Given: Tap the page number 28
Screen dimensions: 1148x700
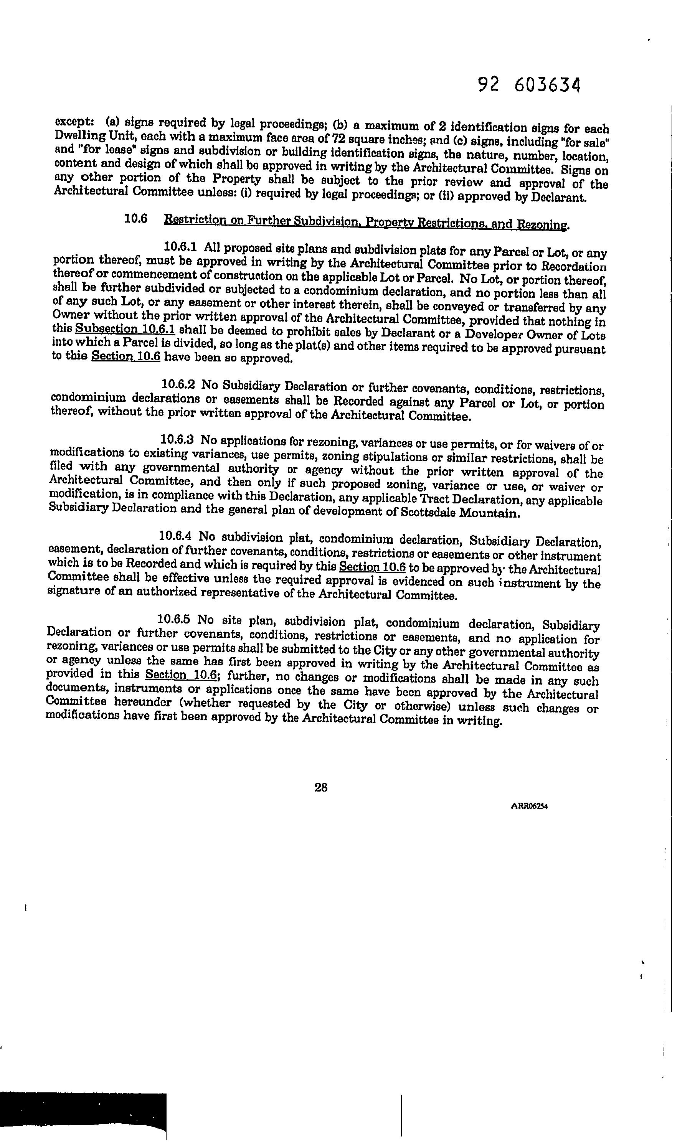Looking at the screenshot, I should pos(320,787).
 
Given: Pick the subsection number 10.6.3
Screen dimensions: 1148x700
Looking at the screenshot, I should pos(177,439).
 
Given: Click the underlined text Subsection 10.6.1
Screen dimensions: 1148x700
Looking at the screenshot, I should pos(125,329).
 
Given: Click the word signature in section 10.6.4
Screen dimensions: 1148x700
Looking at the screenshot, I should pos(70,591).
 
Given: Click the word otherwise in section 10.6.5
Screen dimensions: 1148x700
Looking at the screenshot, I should pos(423,705).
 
